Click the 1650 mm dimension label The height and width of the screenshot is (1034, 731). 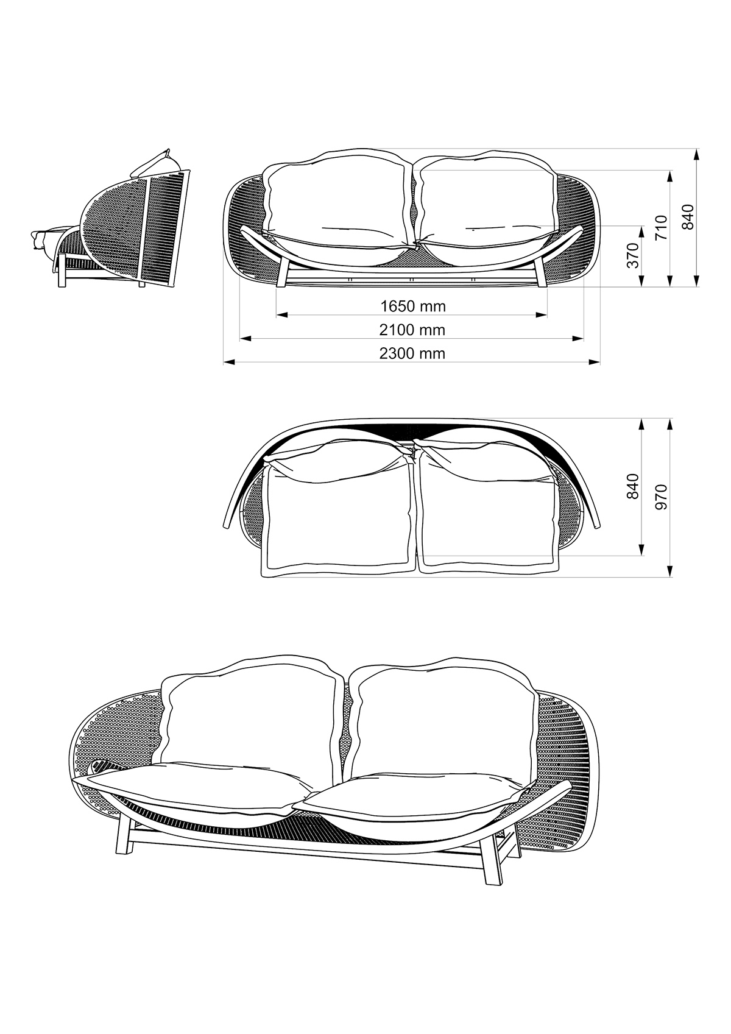coord(412,306)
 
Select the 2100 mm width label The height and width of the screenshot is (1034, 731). coord(412,330)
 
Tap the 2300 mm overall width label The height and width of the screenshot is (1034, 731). coord(412,353)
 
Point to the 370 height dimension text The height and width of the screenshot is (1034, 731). coord(633,255)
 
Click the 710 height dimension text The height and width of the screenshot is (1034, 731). coord(662,227)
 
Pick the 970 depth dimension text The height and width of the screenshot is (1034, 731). coord(662,497)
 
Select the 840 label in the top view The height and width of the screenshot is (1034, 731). coord(632,486)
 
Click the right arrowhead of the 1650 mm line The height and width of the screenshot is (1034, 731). coord(542,315)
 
